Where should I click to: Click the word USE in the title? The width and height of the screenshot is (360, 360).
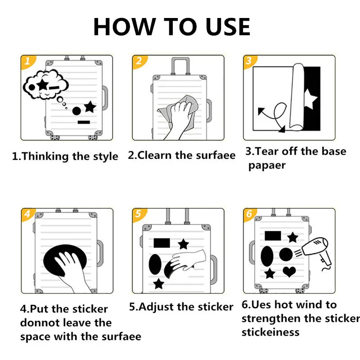pos(228,27)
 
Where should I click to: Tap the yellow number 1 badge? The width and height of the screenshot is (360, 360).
pos(27,61)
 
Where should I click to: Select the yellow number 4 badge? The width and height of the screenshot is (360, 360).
pos(27,214)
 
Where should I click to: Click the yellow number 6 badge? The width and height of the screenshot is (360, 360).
pos(249,214)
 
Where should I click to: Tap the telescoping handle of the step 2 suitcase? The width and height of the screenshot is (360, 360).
pos(180,66)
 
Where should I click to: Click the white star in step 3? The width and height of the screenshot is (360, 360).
pos(310,99)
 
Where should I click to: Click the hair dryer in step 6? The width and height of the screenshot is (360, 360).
pos(316,252)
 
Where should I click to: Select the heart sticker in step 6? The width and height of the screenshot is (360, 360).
pos(289,272)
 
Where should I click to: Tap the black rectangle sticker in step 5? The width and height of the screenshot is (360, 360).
pos(162,243)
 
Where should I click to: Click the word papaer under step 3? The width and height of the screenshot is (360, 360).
pos(267,166)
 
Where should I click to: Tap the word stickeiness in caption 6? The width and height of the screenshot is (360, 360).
pos(270,332)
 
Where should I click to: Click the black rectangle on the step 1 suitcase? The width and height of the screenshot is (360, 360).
pos(84,122)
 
